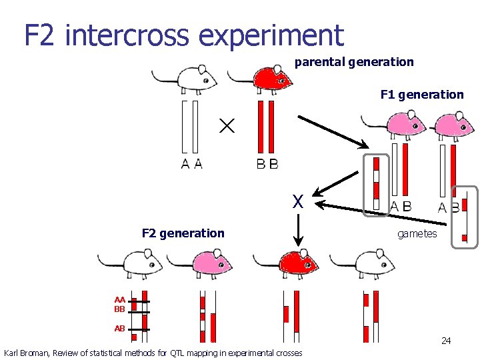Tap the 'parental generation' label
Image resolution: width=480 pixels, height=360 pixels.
point(354,62)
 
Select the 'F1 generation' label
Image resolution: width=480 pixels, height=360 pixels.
point(422,95)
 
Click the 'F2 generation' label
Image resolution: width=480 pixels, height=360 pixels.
point(183,233)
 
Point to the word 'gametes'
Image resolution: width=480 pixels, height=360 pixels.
point(417,233)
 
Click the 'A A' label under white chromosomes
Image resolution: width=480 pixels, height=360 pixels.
point(192,163)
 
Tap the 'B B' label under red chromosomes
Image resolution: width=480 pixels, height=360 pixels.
point(267,163)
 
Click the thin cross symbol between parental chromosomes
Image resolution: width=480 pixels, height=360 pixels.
point(227,125)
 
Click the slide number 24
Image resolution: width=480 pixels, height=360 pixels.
point(446,341)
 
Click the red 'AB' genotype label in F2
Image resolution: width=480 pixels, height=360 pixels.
point(120,329)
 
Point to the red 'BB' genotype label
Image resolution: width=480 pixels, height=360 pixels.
point(120,309)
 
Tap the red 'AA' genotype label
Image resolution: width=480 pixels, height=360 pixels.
point(120,301)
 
